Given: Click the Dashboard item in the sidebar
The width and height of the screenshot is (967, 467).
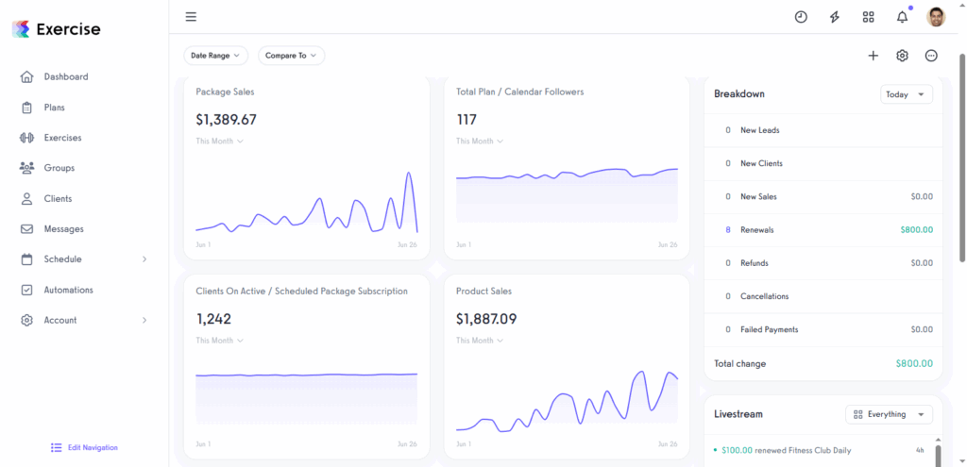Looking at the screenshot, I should pos(65,76).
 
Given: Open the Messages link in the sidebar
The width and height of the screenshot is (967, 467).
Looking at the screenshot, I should pos(63,229).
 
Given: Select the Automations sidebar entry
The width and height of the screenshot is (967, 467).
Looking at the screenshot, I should pos(68,290).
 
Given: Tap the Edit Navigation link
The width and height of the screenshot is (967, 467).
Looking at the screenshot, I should pos(92,447).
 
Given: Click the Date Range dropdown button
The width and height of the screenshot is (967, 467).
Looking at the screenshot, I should pos(215,56).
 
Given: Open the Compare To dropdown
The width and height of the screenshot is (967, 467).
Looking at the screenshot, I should pos(291,56).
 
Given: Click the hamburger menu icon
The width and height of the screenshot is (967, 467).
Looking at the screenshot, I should pos(191,17).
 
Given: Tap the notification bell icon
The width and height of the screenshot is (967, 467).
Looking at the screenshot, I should pos(902,17).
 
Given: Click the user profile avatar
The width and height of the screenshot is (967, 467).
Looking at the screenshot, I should pos(936,17).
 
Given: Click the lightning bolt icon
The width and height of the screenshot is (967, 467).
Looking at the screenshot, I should pos(835,17).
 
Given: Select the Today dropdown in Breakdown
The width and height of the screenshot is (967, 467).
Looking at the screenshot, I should pos(906,94).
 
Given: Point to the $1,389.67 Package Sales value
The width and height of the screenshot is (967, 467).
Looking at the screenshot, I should pos(226,120).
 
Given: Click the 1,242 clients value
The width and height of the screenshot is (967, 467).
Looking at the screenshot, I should pos(213,319).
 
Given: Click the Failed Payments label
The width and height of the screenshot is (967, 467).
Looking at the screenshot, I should pos(769,329).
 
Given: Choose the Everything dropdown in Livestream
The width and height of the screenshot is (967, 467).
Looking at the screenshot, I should pos(889,414).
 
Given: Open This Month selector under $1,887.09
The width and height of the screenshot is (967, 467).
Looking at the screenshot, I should pos(479,341).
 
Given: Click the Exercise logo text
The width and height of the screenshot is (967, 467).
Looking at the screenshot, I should pos(68,29).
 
